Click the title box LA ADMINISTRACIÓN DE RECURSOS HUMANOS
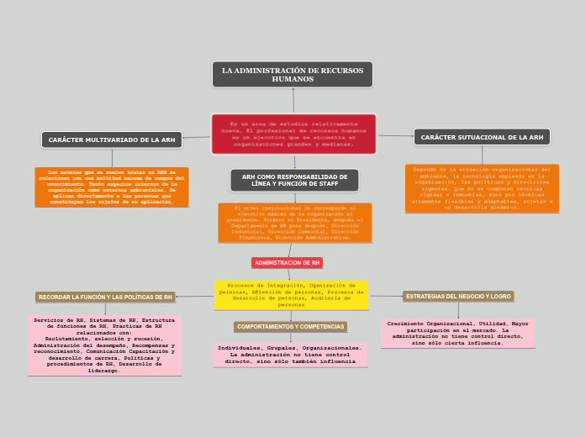point(293,74)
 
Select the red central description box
point(293,134)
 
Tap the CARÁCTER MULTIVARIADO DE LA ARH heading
point(112,140)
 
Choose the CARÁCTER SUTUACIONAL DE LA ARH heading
point(482,137)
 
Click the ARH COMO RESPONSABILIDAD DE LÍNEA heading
point(294,180)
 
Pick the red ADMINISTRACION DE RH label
point(287,263)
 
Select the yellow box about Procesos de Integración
point(291,295)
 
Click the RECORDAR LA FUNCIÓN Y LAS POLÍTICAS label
point(105,297)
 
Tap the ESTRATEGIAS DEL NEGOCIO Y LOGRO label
point(458,297)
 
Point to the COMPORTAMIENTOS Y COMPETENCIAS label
point(290,326)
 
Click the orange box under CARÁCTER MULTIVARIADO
point(112,187)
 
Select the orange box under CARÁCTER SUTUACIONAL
point(482,187)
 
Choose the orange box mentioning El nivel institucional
point(294,223)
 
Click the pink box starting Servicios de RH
point(104,345)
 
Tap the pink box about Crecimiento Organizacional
point(458,333)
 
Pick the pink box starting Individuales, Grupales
point(290,355)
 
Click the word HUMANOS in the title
point(293,79)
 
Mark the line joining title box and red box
point(293,100)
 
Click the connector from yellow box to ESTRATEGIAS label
point(386,296)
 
